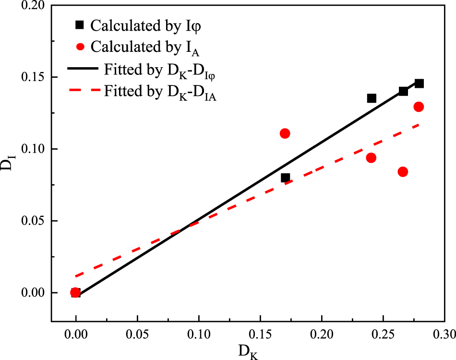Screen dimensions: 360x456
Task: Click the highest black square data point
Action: [419, 84]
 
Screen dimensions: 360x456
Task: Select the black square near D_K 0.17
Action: [285, 178]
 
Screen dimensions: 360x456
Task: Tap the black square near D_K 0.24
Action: [371, 98]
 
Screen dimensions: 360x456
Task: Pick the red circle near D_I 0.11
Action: [285, 133]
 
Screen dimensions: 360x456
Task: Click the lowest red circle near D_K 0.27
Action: [403, 172]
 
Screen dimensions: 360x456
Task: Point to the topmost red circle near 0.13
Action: [419, 107]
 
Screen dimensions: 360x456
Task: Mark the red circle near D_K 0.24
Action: [371, 158]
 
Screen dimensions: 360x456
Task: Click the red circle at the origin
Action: [75, 292]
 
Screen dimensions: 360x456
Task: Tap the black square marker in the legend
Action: [80, 25]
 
